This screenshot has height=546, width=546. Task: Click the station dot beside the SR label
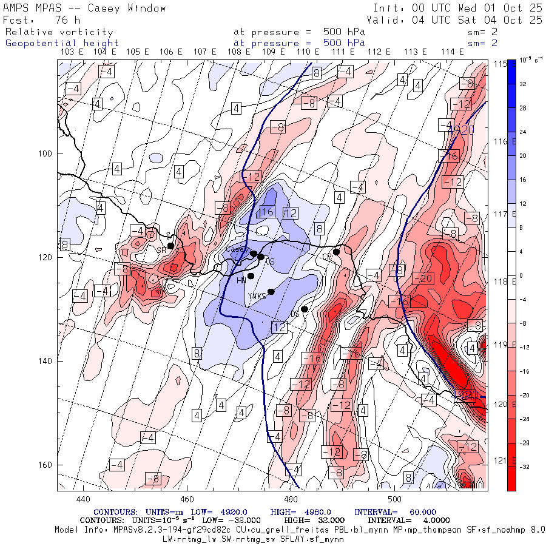pyautogui.click(x=171, y=246)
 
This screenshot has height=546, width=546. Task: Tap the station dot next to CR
pyautogui.click(x=336, y=252)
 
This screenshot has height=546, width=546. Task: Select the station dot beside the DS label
pyautogui.click(x=305, y=309)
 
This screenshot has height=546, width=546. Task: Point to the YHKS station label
pyautogui.click(x=257, y=295)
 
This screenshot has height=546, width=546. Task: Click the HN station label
pyautogui.click(x=240, y=280)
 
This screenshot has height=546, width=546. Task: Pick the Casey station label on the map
pyautogui.click(x=235, y=249)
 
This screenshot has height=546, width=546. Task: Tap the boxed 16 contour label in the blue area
pyautogui.click(x=267, y=212)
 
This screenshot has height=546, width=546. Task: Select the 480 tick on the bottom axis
pyautogui.click(x=291, y=499)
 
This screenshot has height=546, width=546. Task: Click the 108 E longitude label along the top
pyautogui.click(x=239, y=52)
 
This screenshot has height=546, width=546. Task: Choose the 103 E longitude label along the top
pyautogui.click(x=73, y=52)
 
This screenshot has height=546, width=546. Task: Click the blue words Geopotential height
pyautogui.click(x=62, y=43)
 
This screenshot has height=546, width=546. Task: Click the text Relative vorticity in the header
pyautogui.click(x=59, y=32)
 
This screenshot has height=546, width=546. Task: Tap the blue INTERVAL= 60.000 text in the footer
pyautogui.click(x=395, y=513)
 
